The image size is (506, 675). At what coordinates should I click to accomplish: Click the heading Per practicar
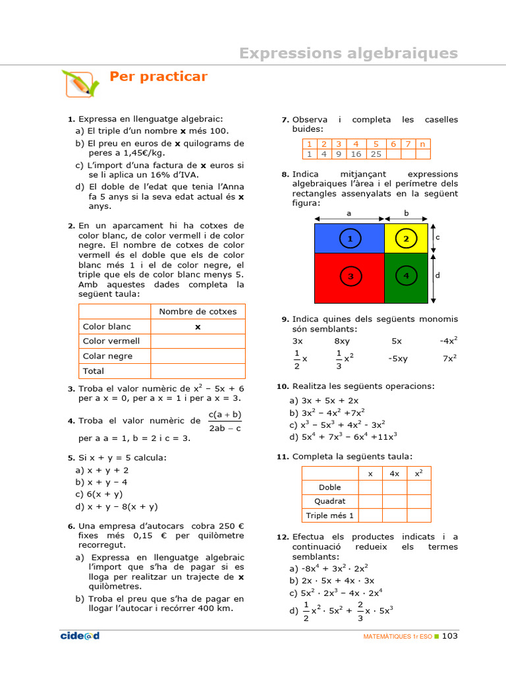[x=158, y=77]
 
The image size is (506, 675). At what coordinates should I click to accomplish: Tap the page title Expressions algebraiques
[x=348, y=53]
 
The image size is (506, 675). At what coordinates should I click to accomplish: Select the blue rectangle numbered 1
[x=349, y=239]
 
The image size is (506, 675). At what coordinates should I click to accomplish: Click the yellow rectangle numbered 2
[x=407, y=239]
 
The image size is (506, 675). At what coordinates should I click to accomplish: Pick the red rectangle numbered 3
[x=349, y=277]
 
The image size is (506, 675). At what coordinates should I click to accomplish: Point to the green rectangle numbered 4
[x=407, y=277]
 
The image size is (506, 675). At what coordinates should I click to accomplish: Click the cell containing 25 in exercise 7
[x=376, y=154]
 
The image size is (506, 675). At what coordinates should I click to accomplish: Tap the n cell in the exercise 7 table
[x=423, y=144]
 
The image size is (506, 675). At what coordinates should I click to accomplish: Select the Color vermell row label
[x=111, y=341]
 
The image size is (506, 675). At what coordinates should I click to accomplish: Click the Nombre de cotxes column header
[x=197, y=311]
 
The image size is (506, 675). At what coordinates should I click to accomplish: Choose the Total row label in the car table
[x=94, y=371]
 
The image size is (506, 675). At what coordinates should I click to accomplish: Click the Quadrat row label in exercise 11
[x=330, y=501]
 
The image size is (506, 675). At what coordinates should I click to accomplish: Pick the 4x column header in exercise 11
[x=395, y=473]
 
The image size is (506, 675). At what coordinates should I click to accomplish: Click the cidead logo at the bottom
[x=80, y=636]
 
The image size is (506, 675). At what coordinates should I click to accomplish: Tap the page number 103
[x=449, y=636]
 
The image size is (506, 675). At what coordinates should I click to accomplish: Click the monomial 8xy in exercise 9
[x=342, y=341]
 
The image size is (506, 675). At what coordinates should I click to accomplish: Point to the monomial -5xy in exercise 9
[x=398, y=359]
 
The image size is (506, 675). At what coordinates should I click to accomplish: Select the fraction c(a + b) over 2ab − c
[x=225, y=421]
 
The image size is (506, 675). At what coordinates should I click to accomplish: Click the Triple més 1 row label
[x=330, y=515]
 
